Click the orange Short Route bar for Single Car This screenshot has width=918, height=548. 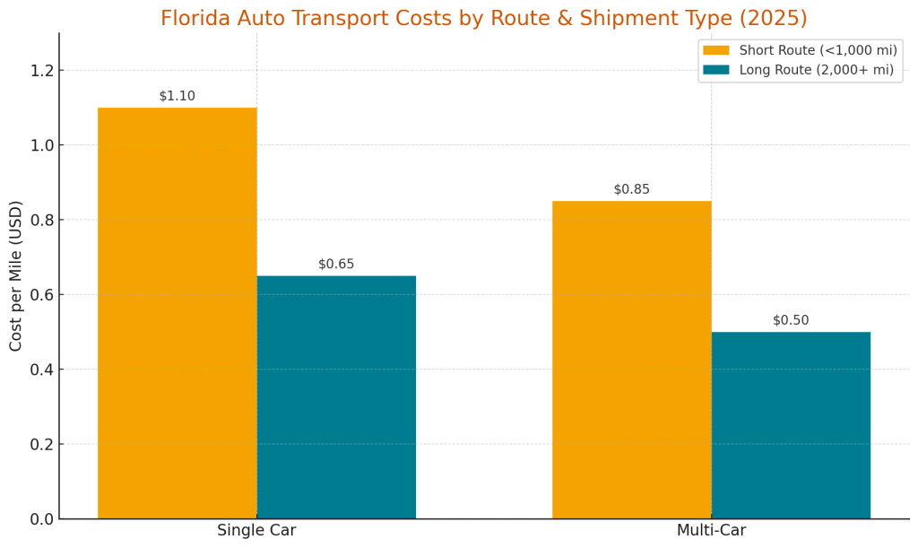click(x=178, y=313)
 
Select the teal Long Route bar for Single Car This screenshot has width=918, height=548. click(x=336, y=396)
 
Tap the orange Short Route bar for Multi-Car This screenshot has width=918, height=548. click(x=631, y=360)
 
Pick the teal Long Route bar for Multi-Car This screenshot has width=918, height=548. click(x=791, y=425)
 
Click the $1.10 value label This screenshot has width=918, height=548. click(x=178, y=96)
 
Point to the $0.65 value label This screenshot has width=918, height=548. click(x=336, y=265)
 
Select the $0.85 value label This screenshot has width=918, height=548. click(x=631, y=189)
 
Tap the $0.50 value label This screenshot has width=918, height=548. click(x=791, y=320)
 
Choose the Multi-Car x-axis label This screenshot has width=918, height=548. click(x=711, y=531)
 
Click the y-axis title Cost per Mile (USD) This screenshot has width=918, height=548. click(x=16, y=275)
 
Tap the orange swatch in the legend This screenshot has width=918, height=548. click(x=716, y=50)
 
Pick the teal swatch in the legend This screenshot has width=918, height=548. click(x=716, y=70)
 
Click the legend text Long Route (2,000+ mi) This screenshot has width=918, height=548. click(x=816, y=70)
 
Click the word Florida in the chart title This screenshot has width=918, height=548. click(x=197, y=19)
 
